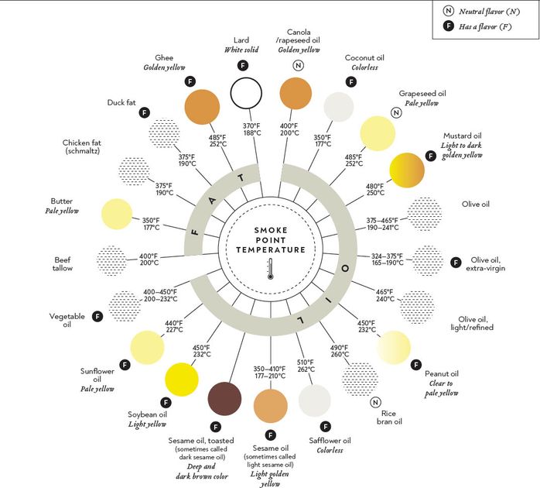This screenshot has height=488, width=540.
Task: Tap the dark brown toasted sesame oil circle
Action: [226, 400]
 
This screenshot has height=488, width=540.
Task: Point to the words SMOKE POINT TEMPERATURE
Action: [271, 240]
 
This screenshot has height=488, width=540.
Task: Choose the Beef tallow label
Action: [63, 264]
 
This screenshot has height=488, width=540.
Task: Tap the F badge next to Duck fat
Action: [144, 112]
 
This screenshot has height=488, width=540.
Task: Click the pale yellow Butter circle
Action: [118, 214]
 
